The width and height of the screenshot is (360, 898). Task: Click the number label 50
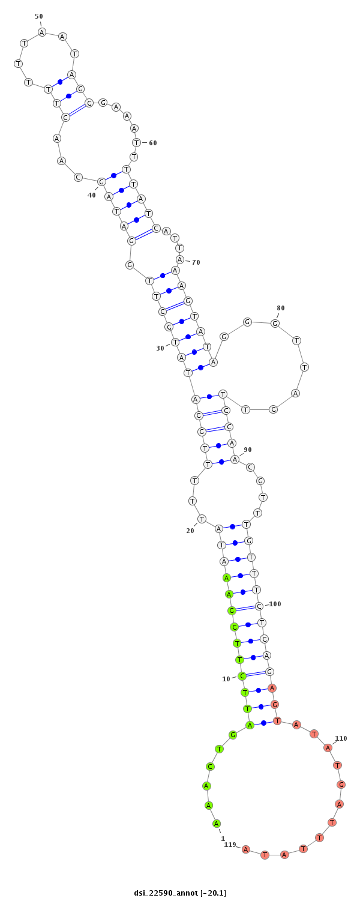(39, 16)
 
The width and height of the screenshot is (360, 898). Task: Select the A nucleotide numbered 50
(42, 32)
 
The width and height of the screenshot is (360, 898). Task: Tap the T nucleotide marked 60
(137, 142)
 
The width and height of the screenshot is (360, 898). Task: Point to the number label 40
(92, 195)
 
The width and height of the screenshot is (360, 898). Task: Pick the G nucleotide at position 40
(102, 182)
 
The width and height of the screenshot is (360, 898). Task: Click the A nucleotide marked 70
(180, 259)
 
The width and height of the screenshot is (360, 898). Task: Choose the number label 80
(281, 309)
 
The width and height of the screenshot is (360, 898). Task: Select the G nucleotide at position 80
(275, 323)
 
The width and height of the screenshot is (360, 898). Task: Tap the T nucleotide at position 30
(175, 342)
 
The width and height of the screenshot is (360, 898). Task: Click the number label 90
(248, 450)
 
